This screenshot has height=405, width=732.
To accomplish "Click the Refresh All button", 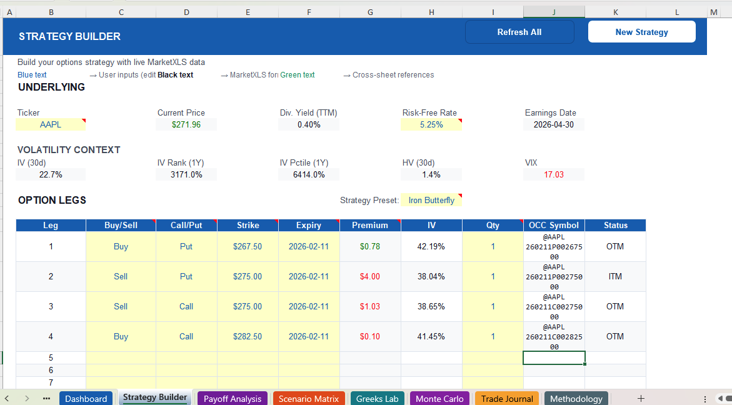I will pyautogui.click(x=519, y=32).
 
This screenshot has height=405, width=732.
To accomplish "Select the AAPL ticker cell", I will pyautogui.click(x=51, y=124).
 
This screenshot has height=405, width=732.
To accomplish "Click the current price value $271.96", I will pyautogui.click(x=186, y=124).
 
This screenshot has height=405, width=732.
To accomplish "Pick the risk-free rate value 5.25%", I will pyautogui.click(x=431, y=124).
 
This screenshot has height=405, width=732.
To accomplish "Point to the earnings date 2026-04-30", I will pyautogui.click(x=554, y=124).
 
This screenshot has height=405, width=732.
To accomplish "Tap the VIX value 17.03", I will pyautogui.click(x=554, y=174).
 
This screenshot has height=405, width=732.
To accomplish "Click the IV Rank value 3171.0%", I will pyautogui.click(x=186, y=174).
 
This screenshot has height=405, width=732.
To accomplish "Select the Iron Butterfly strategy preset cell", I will pyautogui.click(x=431, y=201).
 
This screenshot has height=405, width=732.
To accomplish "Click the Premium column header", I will pyautogui.click(x=370, y=225).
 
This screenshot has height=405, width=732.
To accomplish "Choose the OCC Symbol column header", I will pyautogui.click(x=554, y=225).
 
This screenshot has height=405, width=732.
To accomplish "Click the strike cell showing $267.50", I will pyautogui.click(x=248, y=246).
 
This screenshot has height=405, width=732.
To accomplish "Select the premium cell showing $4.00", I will pyautogui.click(x=370, y=276).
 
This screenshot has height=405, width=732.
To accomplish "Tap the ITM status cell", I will pyautogui.click(x=615, y=276).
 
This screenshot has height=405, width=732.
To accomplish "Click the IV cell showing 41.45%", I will pyautogui.click(x=431, y=336).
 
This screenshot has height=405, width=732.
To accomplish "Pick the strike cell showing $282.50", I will pyautogui.click(x=248, y=336).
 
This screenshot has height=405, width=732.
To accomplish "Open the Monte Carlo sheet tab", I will pyautogui.click(x=439, y=399).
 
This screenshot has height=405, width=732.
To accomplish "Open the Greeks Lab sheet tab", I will pyautogui.click(x=378, y=399).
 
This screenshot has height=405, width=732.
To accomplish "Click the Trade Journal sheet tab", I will pyautogui.click(x=507, y=399).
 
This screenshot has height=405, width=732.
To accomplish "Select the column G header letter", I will pyautogui.click(x=371, y=12).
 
